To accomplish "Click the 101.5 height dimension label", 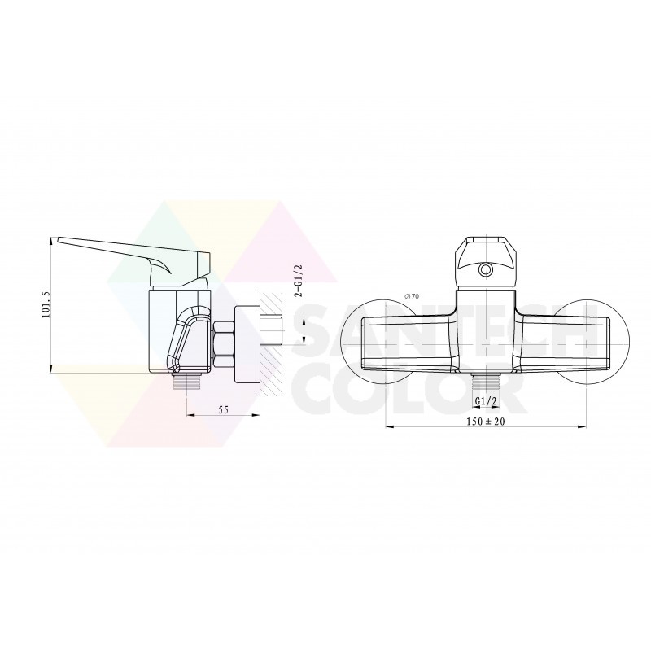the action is pyautogui.click(x=46, y=304).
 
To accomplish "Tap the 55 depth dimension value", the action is pyautogui.click(x=223, y=410).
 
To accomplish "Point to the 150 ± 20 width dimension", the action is pyautogui.click(x=485, y=422).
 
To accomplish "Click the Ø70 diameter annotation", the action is pyautogui.click(x=412, y=296).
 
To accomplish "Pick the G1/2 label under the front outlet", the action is pyautogui.click(x=486, y=401).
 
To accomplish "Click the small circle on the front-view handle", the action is pyautogui.click(x=485, y=270).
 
